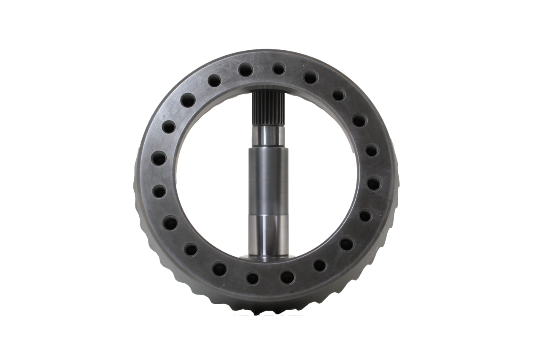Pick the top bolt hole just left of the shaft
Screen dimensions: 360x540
(x=245, y=70)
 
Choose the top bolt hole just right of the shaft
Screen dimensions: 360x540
(x=278, y=68)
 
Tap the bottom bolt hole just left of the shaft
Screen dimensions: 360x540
(x=253, y=278)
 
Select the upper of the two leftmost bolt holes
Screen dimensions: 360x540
(x=159, y=158)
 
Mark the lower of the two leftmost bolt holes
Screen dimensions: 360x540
(x=159, y=192)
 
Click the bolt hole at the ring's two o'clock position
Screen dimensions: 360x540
(x=359, y=121)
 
